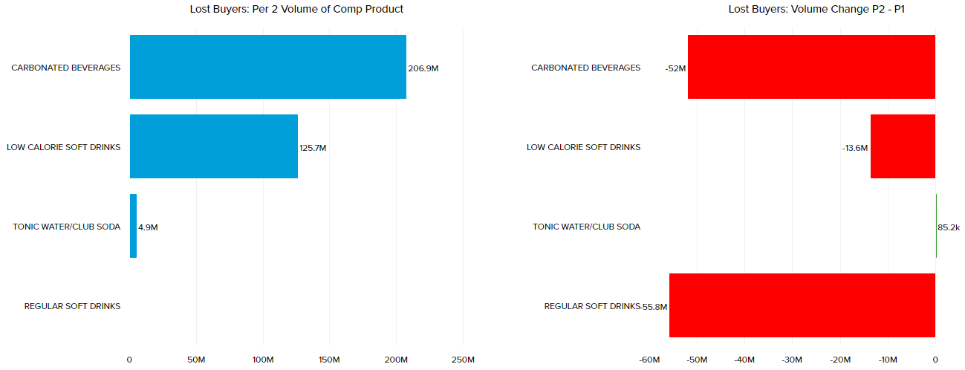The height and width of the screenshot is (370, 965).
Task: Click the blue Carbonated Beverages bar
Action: click(267, 67)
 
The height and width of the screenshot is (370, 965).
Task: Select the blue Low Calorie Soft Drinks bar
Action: click(214, 146)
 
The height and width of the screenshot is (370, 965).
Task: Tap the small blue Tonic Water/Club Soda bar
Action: click(133, 226)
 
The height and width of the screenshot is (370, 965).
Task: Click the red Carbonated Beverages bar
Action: click(811, 67)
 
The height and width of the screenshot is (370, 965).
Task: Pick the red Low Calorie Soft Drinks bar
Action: click(903, 146)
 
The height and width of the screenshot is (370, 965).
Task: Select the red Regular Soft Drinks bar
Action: click(802, 305)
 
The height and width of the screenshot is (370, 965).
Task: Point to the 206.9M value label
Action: click(423, 68)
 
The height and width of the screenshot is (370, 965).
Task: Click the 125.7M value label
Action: click(313, 148)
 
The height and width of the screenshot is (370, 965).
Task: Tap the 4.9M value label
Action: click(148, 227)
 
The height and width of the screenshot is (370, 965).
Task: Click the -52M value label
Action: click(675, 68)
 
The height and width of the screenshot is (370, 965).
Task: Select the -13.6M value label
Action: click(855, 148)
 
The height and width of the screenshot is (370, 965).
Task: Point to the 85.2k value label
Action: click(949, 227)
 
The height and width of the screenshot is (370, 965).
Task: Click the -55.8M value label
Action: click(654, 307)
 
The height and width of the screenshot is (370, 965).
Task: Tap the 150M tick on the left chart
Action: click(329, 360)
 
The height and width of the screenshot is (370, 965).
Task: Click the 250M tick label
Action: click(462, 360)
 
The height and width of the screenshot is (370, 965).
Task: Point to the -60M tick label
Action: click(649, 360)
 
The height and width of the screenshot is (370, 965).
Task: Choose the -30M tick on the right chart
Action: click(792, 360)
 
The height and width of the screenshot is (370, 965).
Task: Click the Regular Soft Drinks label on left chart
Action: click(72, 306)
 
